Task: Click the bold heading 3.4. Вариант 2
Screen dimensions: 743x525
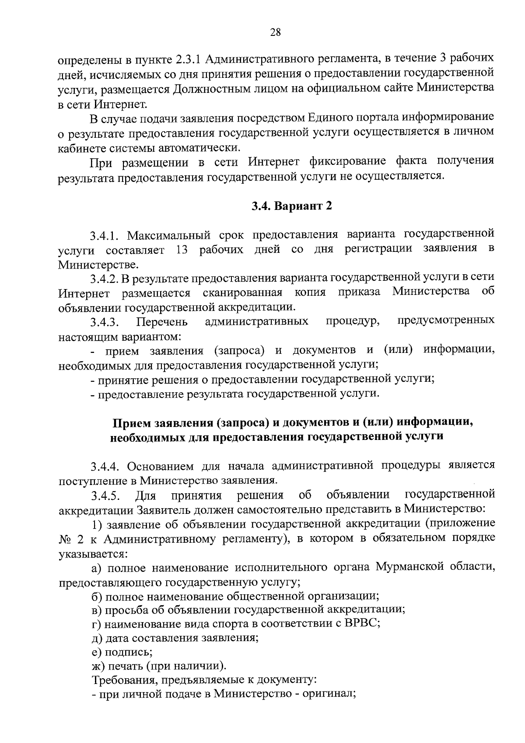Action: [x=292, y=206]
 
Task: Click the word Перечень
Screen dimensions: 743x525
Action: [x=162, y=323]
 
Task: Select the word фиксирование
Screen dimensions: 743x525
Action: [x=343, y=161]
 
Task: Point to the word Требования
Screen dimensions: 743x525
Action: [x=122, y=680]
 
